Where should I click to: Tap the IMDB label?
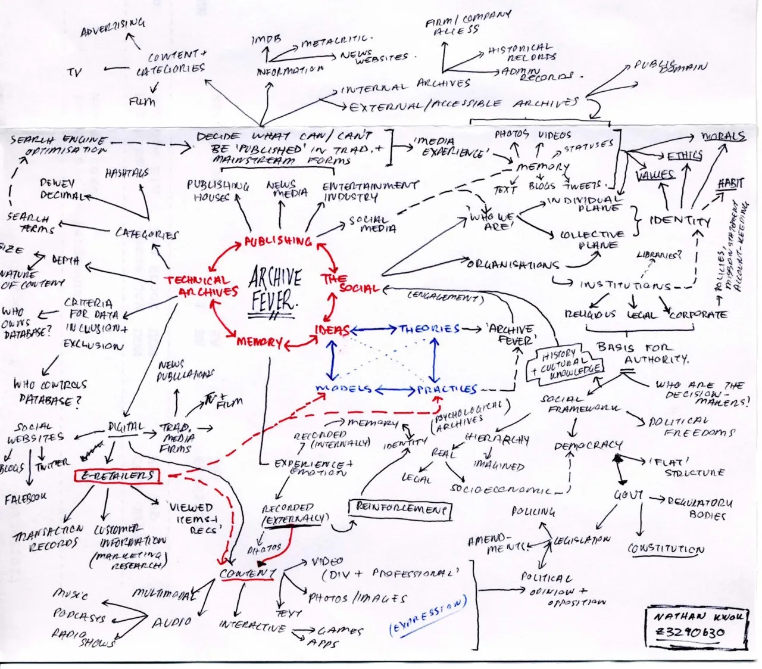pos(263,40)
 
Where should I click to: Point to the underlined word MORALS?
pos(723,136)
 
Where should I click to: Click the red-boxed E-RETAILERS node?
pos(116,475)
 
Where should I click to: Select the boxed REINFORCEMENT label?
pos(400,508)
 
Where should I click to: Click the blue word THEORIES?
pos(429,329)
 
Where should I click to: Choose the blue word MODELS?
pos(343,389)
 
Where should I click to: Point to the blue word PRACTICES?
pos(447,390)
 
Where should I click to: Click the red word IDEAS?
pos(333,331)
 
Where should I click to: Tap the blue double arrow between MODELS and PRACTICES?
pos(394,390)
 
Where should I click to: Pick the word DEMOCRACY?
pos(588,446)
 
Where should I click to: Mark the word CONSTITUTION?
pos(666,549)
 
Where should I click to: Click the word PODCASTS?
pos(79,615)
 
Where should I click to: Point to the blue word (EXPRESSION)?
pos(427,617)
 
